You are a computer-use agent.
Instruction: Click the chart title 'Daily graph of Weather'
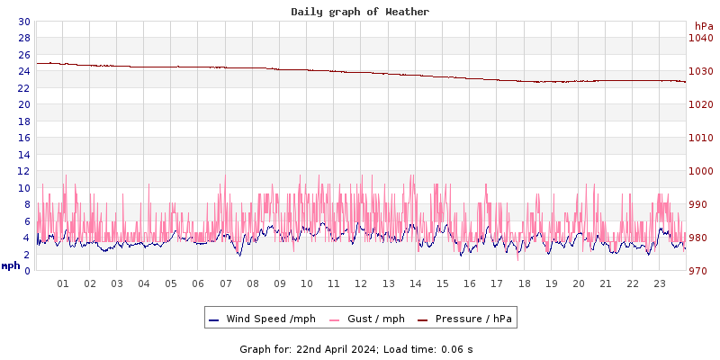(360, 12)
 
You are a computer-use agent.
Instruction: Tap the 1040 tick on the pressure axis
(700, 38)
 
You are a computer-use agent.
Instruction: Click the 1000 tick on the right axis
(700, 171)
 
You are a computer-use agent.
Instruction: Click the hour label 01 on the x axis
(63, 283)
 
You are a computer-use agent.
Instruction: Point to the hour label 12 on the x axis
(361, 283)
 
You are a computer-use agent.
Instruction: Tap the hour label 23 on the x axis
(659, 283)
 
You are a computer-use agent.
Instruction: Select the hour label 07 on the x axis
(225, 283)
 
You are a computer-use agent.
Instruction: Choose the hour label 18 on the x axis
(524, 283)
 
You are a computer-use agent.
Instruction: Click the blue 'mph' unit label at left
(11, 265)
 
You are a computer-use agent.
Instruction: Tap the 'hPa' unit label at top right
(704, 26)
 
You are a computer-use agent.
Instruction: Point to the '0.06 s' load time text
(457, 349)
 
